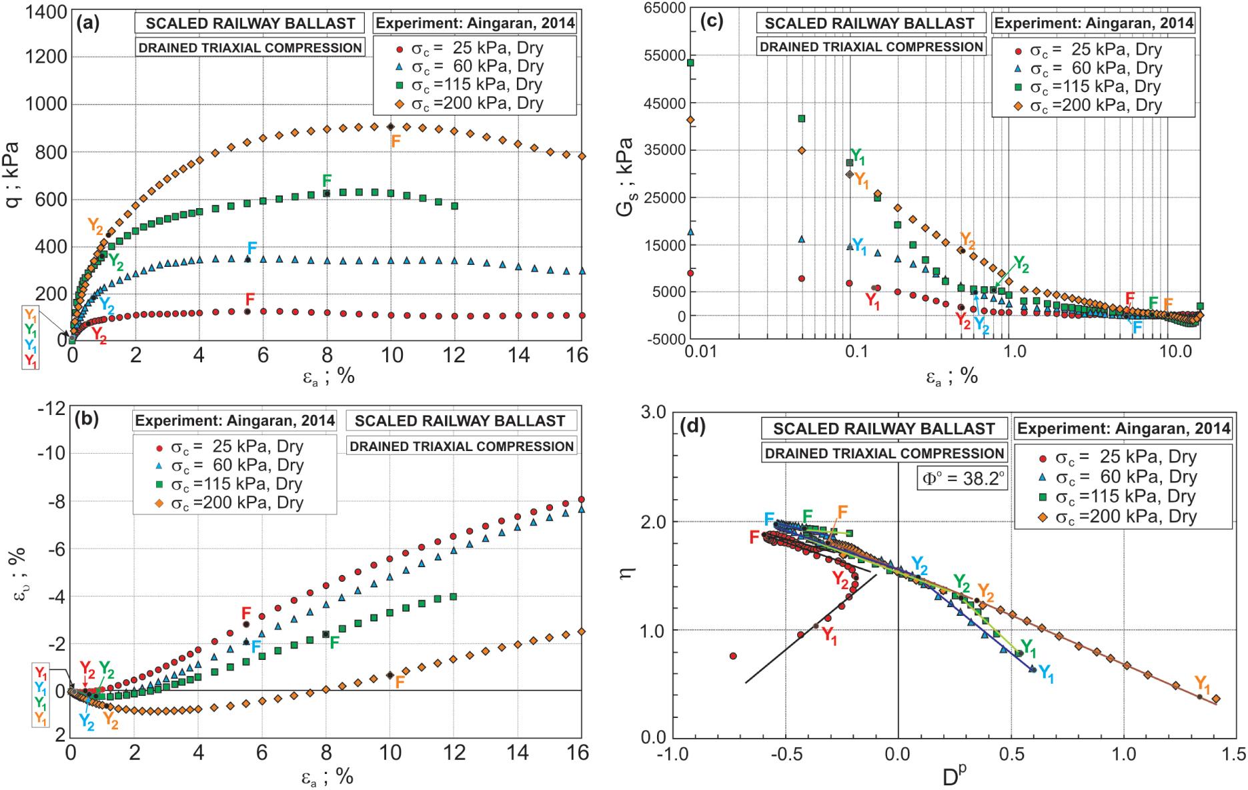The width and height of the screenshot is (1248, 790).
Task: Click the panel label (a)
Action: click(x=88, y=24)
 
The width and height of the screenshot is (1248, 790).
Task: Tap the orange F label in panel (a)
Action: click(x=396, y=141)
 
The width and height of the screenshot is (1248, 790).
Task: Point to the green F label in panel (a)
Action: click(x=327, y=180)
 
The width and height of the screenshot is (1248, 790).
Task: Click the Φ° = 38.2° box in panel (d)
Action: click(x=965, y=478)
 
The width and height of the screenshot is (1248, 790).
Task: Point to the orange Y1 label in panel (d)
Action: click(x=1203, y=683)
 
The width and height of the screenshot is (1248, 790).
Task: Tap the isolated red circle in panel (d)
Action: click(x=733, y=656)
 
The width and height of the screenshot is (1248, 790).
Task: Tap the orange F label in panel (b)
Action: click(x=400, y=682)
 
